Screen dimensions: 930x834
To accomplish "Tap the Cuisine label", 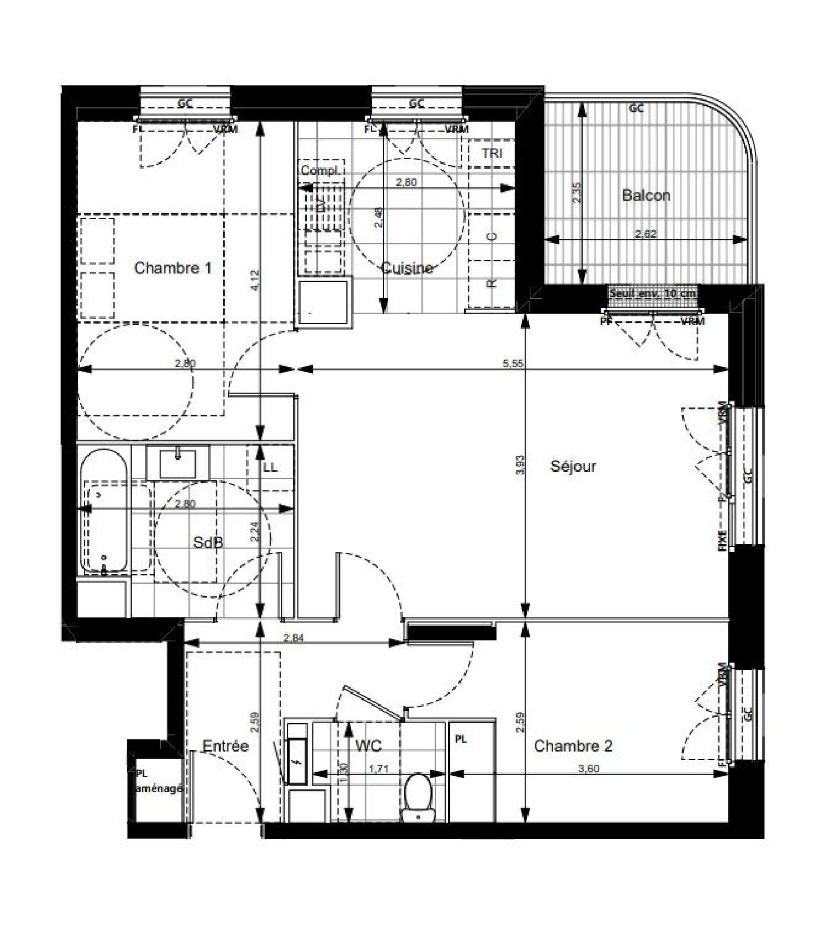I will point(407,269).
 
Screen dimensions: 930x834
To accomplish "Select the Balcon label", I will point(646,196).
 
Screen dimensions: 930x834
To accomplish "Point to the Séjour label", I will point(573,466).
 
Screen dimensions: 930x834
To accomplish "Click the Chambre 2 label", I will point(573,746).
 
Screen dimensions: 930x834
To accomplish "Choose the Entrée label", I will point(225,746).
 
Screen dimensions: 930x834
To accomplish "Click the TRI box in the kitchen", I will point(492,153).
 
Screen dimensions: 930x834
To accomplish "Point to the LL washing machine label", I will point(270,468).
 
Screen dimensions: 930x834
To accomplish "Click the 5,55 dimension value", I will point(513,364).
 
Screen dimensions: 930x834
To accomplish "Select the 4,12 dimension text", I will point(255,280).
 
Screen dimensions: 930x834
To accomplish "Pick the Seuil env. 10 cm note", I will point(653,293).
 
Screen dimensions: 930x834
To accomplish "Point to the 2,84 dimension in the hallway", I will point(294,639).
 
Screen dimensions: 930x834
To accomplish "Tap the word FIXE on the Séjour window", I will point(722,540).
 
